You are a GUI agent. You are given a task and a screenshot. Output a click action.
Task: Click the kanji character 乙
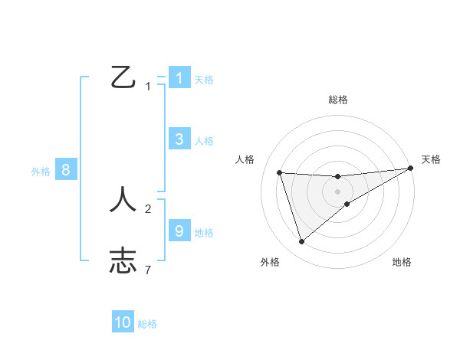coord(123,77)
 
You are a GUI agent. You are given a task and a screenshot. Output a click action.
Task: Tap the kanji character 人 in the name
coord(123,199)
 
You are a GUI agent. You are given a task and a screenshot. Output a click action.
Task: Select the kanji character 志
coord(123,260)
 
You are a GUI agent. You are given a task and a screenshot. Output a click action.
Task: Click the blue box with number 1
coord(179,78)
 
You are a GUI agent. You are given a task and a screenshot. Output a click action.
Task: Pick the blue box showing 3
coord(179,139)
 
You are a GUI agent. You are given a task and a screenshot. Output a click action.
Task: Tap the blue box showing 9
coord(179,231)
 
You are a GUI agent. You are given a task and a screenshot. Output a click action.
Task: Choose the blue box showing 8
coord(66,170)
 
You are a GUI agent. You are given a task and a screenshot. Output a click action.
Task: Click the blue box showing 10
coord(123,322)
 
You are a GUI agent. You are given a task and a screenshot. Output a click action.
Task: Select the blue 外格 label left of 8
coord(41,172)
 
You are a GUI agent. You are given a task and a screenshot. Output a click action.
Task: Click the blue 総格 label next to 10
coord(147,324)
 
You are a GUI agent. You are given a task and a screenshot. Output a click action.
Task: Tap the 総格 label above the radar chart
coord(337,100)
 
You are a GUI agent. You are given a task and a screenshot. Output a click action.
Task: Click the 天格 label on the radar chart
coord(431,159)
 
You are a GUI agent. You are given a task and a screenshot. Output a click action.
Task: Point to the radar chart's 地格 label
coord(402,262)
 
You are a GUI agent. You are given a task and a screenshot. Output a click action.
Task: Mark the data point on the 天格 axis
coord(410,169)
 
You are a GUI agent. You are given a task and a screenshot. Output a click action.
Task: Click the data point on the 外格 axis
coord(301,242)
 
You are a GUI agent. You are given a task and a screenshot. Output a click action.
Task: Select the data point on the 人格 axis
coord(280,172)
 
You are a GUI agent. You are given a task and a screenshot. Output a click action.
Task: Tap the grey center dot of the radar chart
coord(337,191)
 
